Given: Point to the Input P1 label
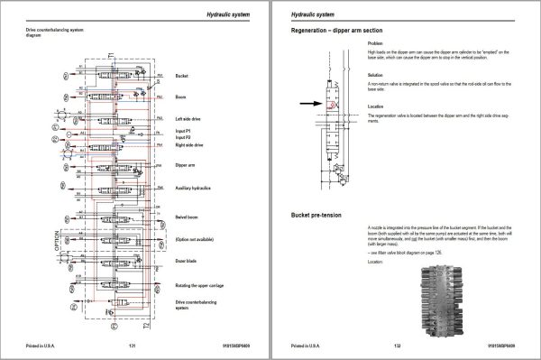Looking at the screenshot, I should click(185, 132).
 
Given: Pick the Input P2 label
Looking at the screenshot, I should click(185, 138).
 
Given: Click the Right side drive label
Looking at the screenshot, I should click(191, 144).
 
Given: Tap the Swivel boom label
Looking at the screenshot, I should click(188, 217).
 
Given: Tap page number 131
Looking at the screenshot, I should click(133, 346).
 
